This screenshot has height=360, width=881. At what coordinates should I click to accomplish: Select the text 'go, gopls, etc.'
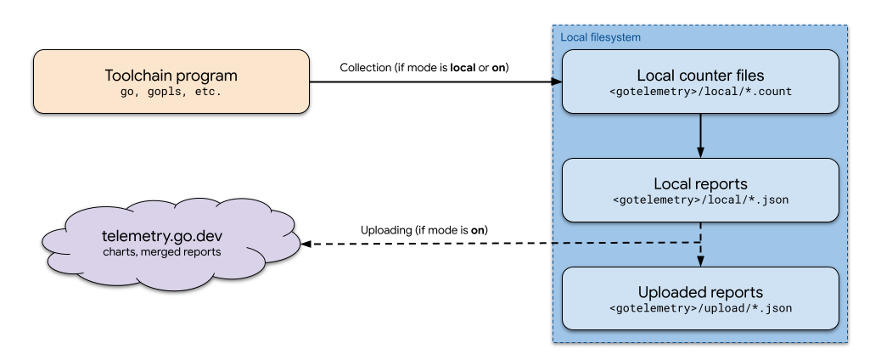171,91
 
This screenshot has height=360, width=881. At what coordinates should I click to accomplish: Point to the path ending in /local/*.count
699,91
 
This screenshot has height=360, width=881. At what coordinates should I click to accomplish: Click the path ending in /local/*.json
699,200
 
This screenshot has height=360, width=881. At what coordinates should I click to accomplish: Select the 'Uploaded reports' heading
699,291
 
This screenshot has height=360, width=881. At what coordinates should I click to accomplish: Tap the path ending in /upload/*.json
699,308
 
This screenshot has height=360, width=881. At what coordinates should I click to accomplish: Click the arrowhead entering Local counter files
557,82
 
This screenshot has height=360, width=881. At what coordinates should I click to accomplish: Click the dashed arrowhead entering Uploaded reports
699,262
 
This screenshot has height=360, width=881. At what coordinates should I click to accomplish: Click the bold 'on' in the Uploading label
479,230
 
